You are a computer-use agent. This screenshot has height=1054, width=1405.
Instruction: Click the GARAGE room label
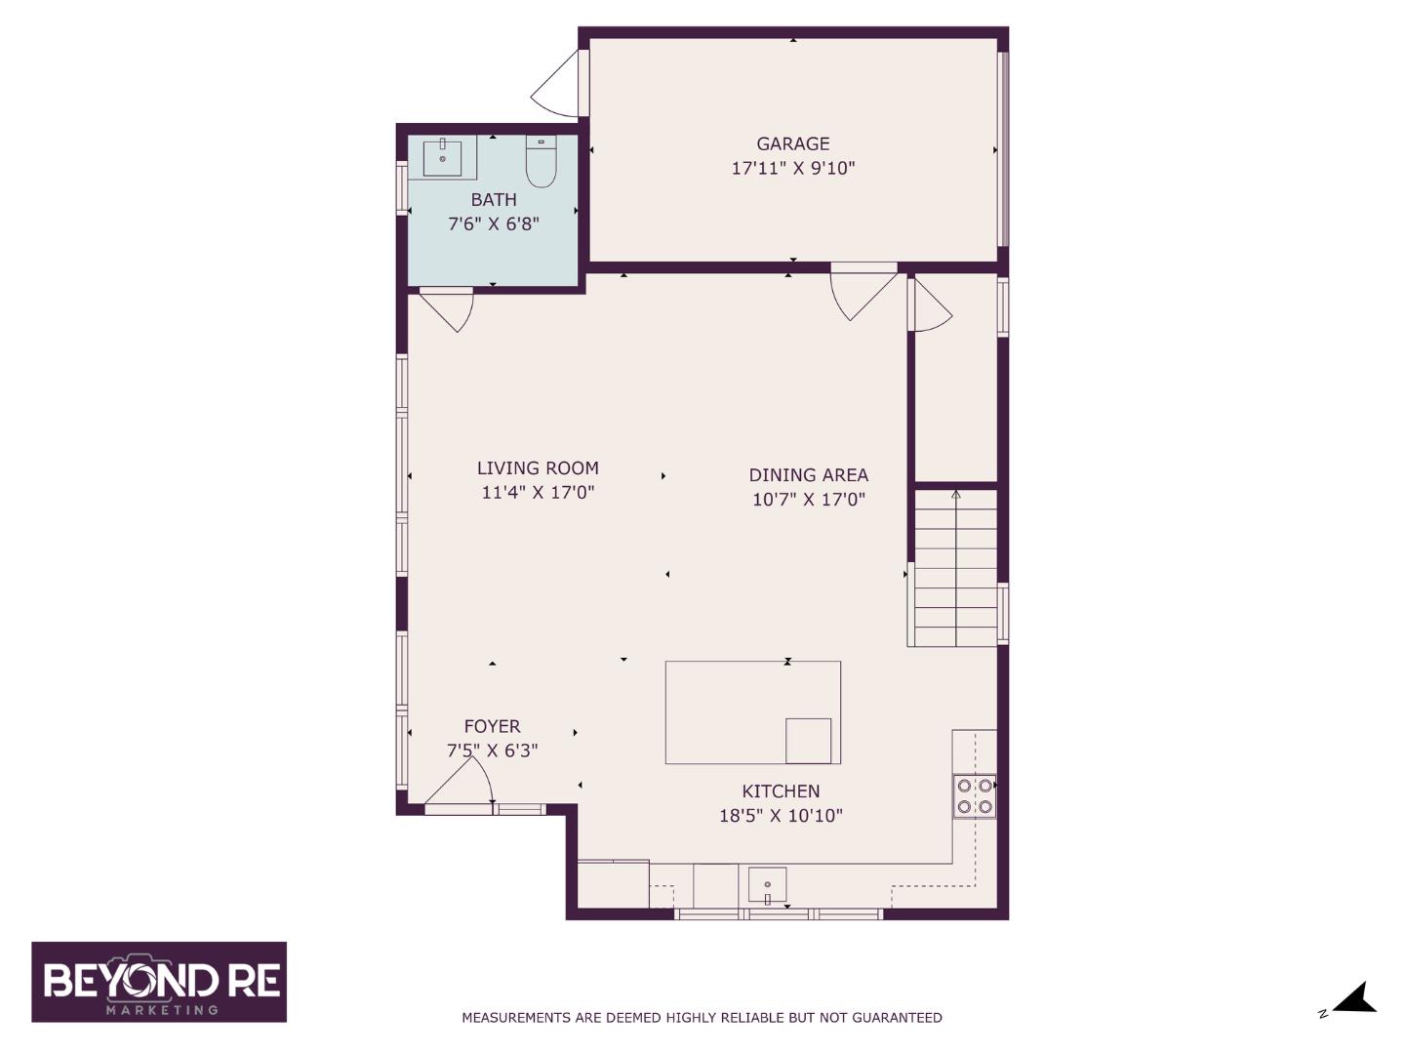pyautogui.click(x=792, y=143)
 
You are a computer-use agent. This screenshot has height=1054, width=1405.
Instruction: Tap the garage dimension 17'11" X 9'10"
pyautogui.click(x=792, y=168)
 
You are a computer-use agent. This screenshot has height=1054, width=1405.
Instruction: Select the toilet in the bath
pyautogui.click(x=541, y=162)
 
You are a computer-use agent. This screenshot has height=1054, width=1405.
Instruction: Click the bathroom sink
pyautogui.click(x=442, y=157)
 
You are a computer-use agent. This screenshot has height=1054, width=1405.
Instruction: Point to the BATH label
pyautogui.click(x=494, y=199)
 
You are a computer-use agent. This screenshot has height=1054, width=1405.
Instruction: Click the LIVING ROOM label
pyautogui.click(x=538, y=468)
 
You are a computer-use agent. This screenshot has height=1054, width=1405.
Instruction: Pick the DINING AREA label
pyautogui.click(x=808, y=475)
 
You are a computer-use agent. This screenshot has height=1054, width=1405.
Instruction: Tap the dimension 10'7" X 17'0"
pyautogui.click(x=808, y=500)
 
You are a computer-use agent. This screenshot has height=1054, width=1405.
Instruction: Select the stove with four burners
pyautogui.click(x=974, y=795)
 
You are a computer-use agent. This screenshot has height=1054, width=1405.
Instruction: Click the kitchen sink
pyautogui.click(x=767, y=886)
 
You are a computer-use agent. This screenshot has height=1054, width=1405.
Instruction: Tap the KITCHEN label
pyautogui.click(x=781, y=791)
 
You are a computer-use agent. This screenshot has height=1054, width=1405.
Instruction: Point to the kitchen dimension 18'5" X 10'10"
pyautogui.click(x=781, y=816)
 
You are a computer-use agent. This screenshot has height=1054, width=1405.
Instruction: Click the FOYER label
pyautogui.click(x=492, y=726)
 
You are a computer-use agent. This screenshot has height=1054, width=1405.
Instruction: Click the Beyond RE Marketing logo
pyautogui.click(x=159, y=982)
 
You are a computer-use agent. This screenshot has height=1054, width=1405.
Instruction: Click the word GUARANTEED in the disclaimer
pyautogui.click(x=897, y=1018)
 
